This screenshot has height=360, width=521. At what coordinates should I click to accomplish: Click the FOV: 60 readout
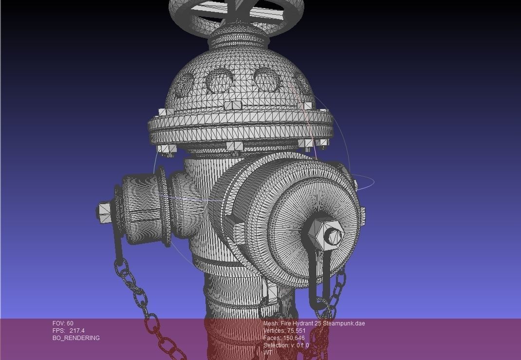(x=63, y=323)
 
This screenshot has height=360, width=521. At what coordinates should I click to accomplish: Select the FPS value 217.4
(x=77, y=331)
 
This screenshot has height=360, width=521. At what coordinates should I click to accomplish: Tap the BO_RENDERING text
(x=76, y=338)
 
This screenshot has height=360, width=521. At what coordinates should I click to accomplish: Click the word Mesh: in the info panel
(x=271, y=323)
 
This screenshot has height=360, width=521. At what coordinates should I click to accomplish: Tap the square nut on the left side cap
(x=104, y=212)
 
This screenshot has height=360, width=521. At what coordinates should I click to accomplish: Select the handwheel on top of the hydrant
(x=236, y=15)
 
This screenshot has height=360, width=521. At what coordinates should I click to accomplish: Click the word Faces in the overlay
(x=272, y=338)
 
